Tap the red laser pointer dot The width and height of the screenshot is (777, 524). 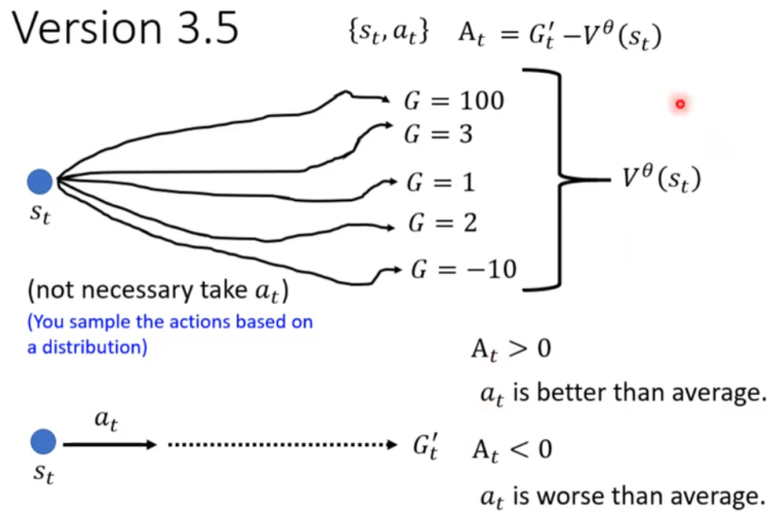click(681, 104)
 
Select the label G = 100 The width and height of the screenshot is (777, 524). click(454, 100)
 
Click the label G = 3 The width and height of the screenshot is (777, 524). click(438, 135)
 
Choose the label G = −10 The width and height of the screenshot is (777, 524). click(464, 270)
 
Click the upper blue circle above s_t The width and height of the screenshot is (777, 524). click(40, 181)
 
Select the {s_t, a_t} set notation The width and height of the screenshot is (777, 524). click(388, 34)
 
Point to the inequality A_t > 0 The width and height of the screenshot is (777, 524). click(510, 350)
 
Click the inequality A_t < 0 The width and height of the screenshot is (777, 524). click(510, 450)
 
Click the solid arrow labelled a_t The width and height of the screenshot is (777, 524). click(109, 444)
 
